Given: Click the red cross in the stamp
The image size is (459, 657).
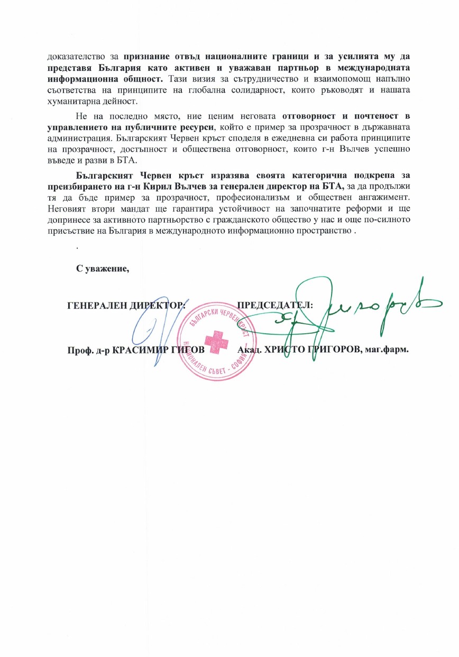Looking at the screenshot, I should point(215,339).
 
